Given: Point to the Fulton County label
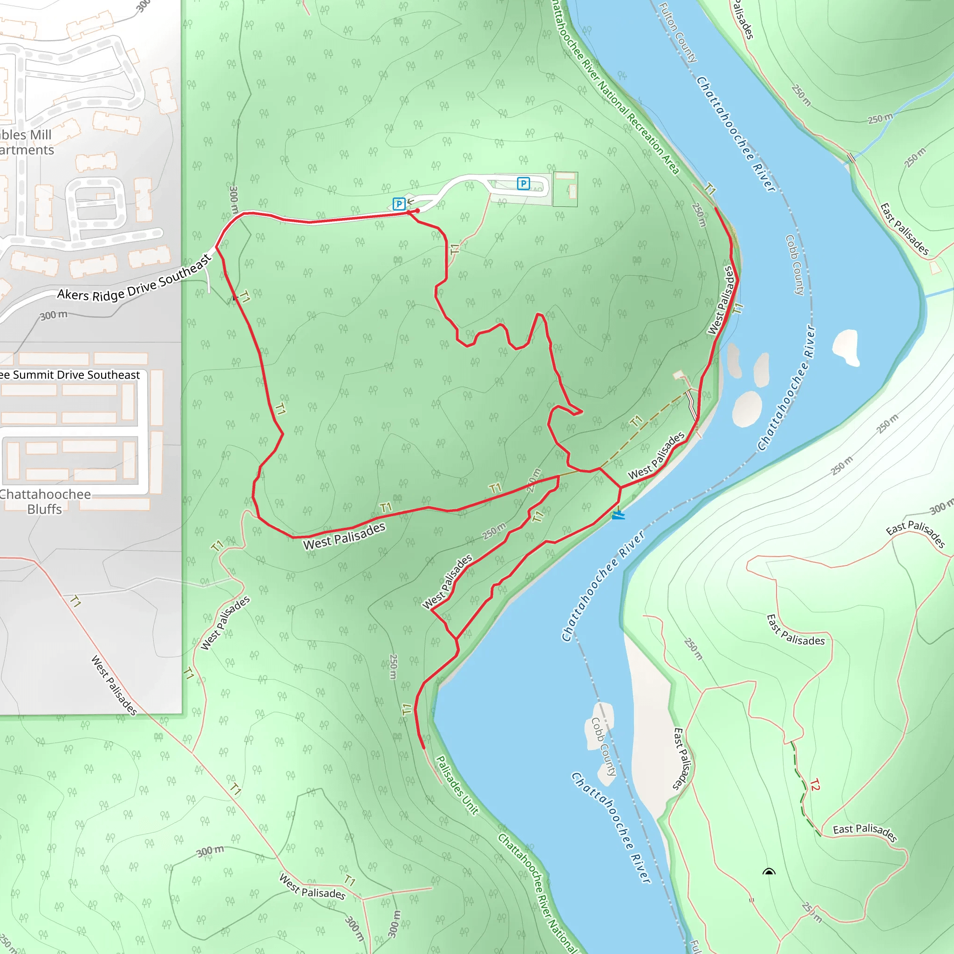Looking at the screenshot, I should point(678,33).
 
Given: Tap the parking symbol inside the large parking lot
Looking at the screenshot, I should point(523,184).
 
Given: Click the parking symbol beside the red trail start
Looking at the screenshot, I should point(398,204).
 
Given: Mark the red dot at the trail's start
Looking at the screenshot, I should point(418,211).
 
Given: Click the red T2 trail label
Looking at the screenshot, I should point(814,784).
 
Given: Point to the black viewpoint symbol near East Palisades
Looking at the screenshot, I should point(769,872).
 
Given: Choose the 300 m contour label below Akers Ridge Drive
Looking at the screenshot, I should point(53,315).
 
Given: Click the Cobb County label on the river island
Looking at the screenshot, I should point(604,746).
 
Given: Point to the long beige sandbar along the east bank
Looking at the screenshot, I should point(647,701).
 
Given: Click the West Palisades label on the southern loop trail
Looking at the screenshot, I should point(344,536).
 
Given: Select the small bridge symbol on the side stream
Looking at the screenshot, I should point(851,158).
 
